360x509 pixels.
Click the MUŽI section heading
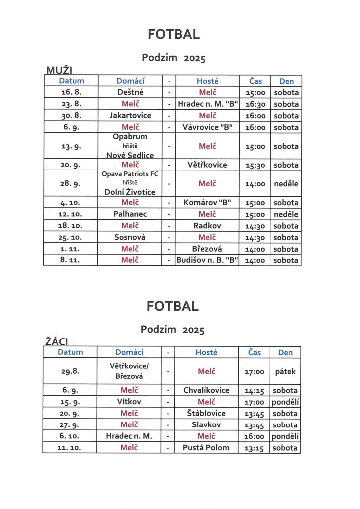(60, 70)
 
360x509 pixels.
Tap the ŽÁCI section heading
(56, 341)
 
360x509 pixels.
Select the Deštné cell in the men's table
(130, 92)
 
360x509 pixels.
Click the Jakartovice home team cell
(130, 115)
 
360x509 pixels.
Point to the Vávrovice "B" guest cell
(208, 127)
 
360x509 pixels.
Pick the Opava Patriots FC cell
(130, 174)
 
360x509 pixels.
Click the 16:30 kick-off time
(255, 104)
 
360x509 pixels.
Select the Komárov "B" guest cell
(208, 203)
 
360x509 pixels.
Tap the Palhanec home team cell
(130, 214)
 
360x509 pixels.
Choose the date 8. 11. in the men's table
(71, 260)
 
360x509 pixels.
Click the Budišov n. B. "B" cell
(208, 260)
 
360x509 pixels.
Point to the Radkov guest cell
(208, 226)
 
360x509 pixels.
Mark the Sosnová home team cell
(130, 237)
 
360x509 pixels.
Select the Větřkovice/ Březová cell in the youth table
(129, 371)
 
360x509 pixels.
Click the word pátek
(285, 371)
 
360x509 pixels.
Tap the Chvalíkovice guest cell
(207, 390)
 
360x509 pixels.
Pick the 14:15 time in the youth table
(254, 391)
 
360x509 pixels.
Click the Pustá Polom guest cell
(207, 448)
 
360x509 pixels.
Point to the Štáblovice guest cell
(207, 413)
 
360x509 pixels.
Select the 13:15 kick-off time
(254, 448)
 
